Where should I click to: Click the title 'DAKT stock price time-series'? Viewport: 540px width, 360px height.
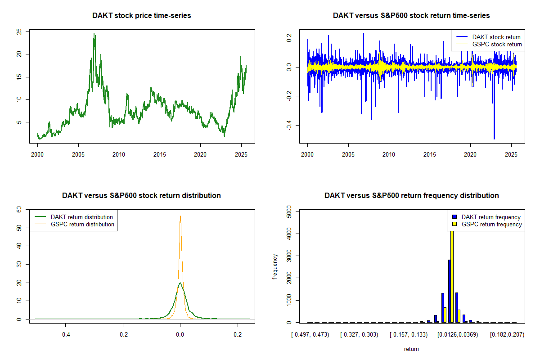(141, 16)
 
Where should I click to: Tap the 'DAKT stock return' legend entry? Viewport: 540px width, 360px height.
(496, 37)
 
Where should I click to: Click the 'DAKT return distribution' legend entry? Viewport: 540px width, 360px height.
(82, 217)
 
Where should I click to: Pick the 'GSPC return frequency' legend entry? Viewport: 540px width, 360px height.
(491, 224)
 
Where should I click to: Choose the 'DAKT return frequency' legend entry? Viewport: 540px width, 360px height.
(491, 217)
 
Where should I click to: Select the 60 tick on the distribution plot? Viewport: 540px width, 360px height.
(19, 209)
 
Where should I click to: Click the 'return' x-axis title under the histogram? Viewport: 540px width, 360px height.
(411, 349)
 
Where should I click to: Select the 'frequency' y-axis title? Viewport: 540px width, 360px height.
(275, 267)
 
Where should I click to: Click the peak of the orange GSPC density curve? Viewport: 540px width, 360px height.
(180, 216)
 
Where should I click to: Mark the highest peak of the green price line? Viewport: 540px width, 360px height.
(94, 34)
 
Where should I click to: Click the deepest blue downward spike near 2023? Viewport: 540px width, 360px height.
(494, 139)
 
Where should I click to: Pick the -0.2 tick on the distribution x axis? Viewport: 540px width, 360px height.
(123, 334)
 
